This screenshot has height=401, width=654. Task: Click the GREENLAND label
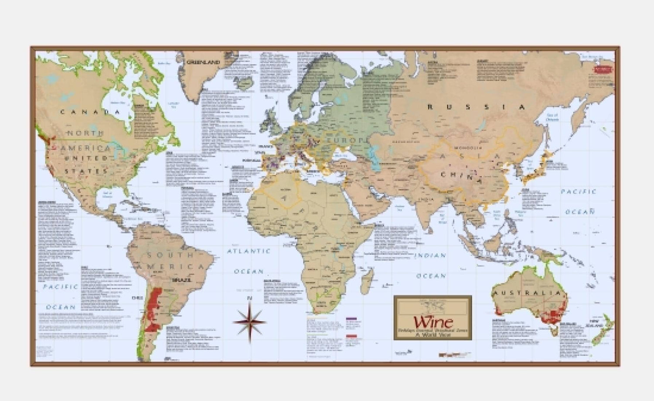(203, 62)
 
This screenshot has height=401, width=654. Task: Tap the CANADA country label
(90, 112)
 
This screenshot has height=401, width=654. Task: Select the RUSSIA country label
(476, 107)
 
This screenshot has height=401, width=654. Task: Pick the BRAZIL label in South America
(183, 280)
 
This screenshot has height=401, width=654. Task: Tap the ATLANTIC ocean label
(249, 251)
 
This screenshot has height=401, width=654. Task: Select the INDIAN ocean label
(430, 255)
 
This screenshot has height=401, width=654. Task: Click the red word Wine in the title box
(433, 322)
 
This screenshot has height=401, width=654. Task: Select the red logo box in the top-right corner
(603, 70)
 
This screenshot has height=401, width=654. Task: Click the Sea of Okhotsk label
(552, 117)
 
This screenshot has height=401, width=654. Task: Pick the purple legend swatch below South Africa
(351, 319)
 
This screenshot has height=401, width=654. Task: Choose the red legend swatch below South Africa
(351, 336)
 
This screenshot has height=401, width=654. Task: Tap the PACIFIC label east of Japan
(578, 192)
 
